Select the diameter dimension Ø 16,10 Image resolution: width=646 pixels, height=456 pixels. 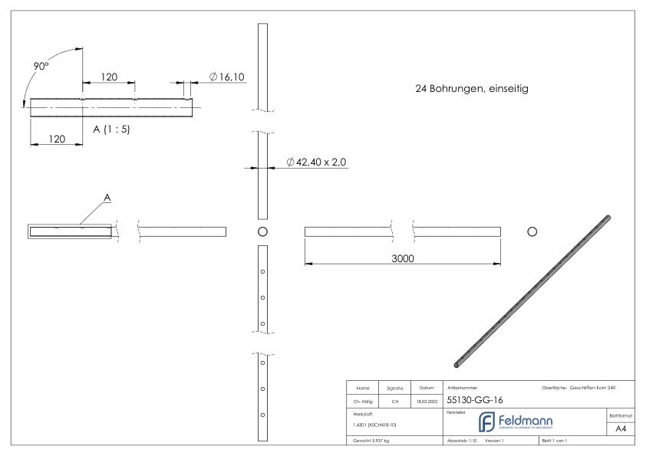(x=227, y=77)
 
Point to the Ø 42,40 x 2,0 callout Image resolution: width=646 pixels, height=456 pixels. (x=316, y=162)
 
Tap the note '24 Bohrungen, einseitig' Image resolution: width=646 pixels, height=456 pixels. (x=470, y=89)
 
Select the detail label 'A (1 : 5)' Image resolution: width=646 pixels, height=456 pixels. (x=111, y=129)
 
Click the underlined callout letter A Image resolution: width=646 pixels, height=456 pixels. (x=107, y=198)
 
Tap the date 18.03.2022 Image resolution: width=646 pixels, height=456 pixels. (x=427, y=400)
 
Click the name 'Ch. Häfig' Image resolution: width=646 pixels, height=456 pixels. (x=362, y=400)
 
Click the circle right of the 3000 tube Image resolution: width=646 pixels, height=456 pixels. (x=532, y=231)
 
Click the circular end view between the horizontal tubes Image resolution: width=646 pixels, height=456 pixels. (x=262, y=231)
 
